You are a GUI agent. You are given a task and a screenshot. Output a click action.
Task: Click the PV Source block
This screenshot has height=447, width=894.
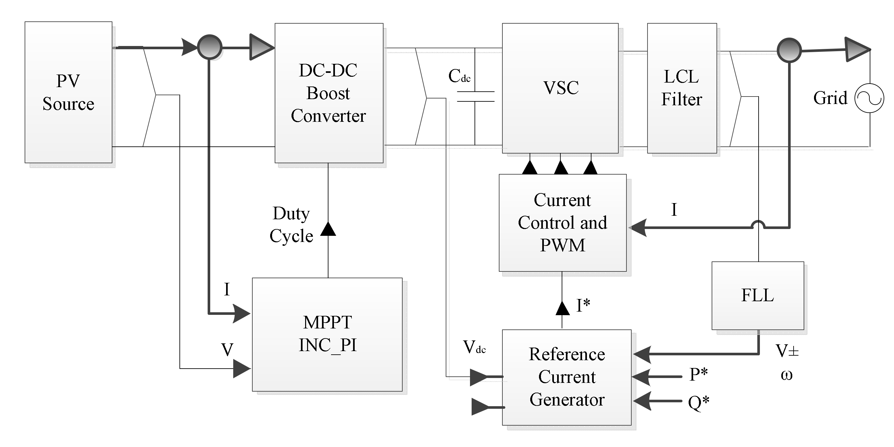click(x=68, y=92)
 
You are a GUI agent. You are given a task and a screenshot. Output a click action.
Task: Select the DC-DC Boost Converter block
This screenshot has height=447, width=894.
click(x=329, y=93)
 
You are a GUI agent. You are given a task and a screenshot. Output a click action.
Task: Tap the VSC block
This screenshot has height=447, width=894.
click(x=560, y=88)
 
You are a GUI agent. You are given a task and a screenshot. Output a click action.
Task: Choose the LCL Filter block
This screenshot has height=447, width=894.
click(x=682, y=88)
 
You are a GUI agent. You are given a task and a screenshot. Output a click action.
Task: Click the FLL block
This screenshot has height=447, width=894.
click(x=758, y=296)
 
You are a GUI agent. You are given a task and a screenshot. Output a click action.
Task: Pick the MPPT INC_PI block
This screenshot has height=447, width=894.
click(x=327, y=335)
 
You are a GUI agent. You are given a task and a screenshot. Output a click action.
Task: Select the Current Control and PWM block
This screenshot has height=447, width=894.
click(x=563, y=223)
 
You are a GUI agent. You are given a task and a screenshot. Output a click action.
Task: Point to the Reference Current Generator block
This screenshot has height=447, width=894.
click(x=567, y=377)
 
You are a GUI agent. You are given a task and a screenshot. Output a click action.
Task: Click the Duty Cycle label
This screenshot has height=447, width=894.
click(x=292, y=224)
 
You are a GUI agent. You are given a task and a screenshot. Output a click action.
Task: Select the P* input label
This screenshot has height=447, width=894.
click(x=698, y=374)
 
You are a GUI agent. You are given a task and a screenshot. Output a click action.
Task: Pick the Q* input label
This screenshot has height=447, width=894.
click(x=698, y=403)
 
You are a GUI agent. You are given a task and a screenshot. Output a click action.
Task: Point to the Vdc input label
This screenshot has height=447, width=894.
click(x=475, y=347)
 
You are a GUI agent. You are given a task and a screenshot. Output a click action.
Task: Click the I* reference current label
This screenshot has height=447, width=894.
click(x=583, y=305)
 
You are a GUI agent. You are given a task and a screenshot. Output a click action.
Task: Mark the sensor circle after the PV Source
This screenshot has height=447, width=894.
click(x=210, y=47)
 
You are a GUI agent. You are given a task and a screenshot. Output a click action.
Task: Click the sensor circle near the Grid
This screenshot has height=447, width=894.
click(x=789, y=50)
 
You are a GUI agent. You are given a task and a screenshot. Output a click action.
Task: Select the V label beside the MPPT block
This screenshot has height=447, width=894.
click(x=227, y=350)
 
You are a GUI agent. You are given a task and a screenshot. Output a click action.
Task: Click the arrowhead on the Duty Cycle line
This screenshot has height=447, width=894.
click(x=328, y=229)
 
